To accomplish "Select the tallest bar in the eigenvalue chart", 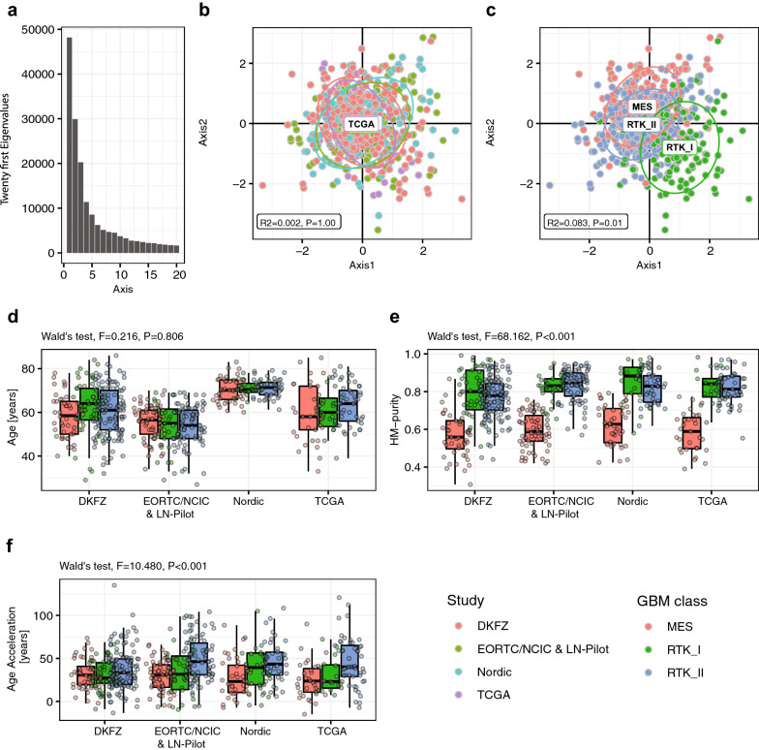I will point(70,146).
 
